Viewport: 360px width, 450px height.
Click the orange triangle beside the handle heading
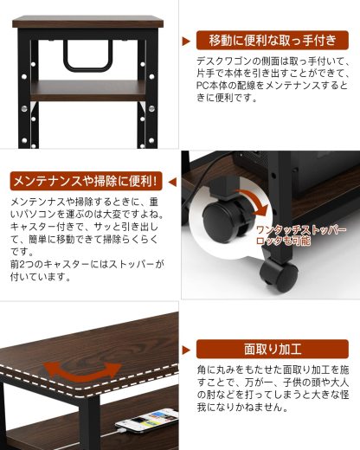tap(185, 41)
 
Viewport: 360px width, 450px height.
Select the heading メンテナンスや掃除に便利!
tap(85, 181)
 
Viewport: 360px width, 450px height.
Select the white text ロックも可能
tap(291, 243)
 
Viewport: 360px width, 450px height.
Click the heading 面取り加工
tap(273, 349)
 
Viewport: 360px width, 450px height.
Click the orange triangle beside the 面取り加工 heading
tap(185, 349)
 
